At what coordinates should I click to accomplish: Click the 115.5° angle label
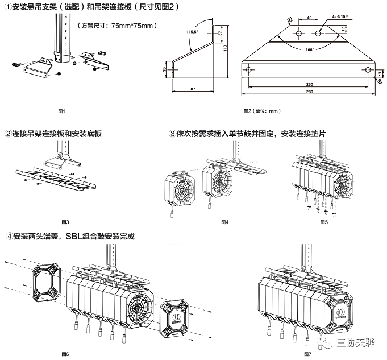click(191, 32)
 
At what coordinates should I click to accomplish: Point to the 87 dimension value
click(193, 90)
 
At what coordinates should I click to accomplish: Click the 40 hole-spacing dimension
click(308, 18)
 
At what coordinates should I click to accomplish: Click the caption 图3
click(64, 222)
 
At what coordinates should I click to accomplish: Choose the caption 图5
click(324, 222)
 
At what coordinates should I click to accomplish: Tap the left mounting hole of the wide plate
click(249, 70)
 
